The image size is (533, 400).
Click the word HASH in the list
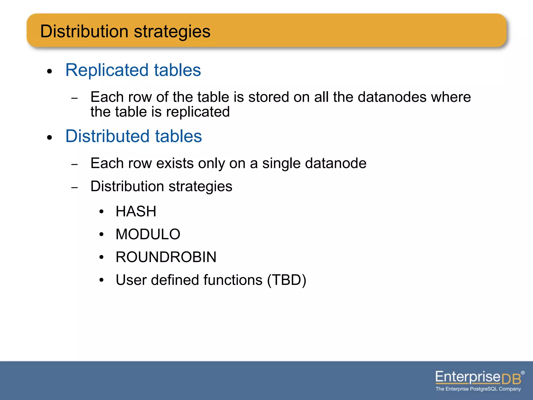click(x=136, y=211)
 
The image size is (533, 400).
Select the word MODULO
click(x=148, y=234)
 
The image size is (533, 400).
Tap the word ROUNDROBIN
click(x=166, y=257)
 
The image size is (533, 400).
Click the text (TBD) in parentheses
click(x=287, y=280)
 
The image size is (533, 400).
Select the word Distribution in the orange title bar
click(x=84, y=31)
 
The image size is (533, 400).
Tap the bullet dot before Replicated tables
click(x=49, y=71)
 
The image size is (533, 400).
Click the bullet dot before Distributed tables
click(x=49, y=137)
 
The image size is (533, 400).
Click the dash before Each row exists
click(x=75, y=165)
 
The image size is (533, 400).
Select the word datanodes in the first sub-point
click(x=392, y=97)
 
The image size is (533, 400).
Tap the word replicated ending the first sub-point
click(x=198, y=112)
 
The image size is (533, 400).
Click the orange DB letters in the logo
click(x=511, y=379)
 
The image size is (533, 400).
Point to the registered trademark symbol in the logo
click(x=523, y=373)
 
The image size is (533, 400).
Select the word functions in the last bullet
click(x=233, y=280)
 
